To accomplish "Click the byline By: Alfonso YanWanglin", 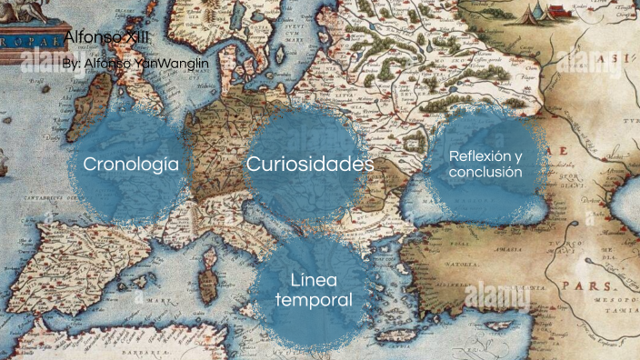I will pos(136,64).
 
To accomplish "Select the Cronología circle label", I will pos(137,165).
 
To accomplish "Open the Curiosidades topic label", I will pos(310,165).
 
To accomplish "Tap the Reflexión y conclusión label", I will pos(485,164).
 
